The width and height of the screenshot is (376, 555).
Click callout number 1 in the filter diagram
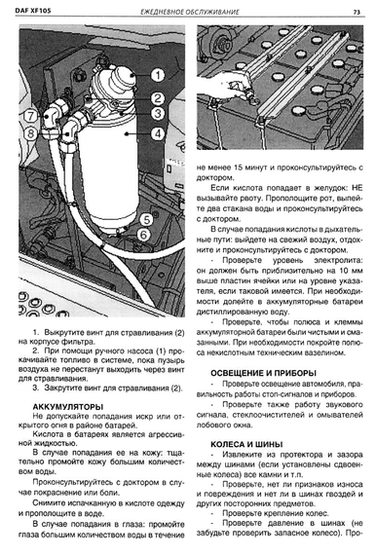158,75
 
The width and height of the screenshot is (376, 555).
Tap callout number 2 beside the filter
158,98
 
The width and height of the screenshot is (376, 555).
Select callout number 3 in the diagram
158,114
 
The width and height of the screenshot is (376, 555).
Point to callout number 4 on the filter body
158,133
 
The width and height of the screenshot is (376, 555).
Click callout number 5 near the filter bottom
146,220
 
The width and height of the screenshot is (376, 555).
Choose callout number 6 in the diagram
143,235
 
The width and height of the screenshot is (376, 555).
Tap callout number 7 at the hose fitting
31,116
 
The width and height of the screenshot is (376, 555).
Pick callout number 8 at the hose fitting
31,133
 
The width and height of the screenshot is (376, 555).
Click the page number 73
357,12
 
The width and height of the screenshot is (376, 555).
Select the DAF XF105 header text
33,11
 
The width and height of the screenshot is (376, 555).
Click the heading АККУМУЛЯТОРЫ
68,407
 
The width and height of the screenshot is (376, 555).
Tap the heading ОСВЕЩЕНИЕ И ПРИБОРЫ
263,373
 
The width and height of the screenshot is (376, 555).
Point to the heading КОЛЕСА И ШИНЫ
246,444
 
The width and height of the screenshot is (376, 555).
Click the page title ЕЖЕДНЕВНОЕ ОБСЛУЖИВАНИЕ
190,12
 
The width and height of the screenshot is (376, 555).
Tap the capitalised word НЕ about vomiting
357,188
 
